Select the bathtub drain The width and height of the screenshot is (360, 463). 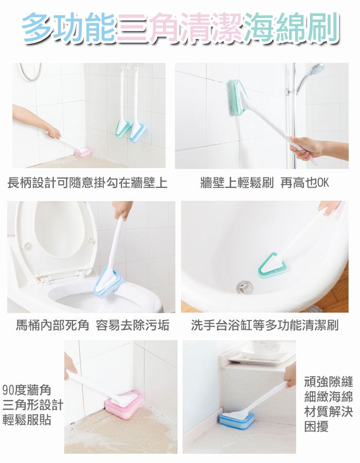point(245,287)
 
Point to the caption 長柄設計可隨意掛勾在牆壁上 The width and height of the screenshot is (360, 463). point(87,183)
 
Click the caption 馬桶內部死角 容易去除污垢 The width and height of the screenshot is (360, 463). point(93,326)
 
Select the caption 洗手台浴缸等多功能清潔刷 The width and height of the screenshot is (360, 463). point(264,326)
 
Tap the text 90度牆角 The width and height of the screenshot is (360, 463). point(27,390)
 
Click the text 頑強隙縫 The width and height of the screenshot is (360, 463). point(329,382)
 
